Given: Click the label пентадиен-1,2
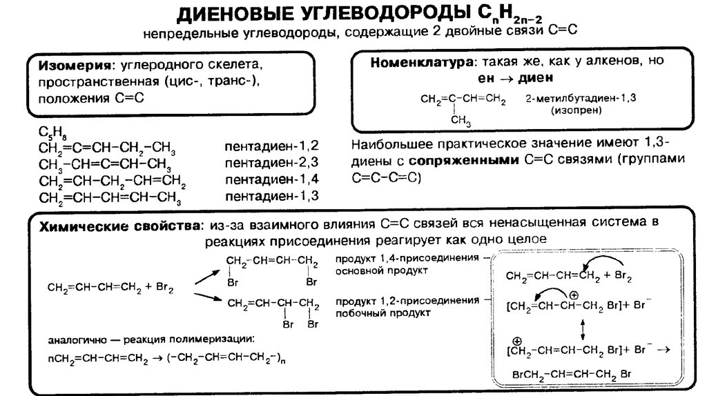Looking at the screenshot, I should (271, 146).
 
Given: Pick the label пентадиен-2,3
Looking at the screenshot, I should (271, 163).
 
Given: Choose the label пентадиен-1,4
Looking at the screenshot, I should (271, 180).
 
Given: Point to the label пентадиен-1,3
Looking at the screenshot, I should (271, 197).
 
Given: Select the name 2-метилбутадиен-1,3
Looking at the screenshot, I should (581, 99).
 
